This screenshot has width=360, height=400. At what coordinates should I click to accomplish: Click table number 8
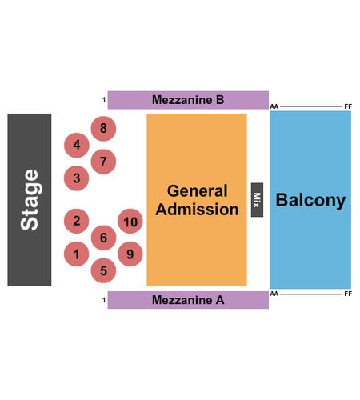click(103, 129)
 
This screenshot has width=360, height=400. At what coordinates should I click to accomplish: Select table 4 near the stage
click(77, 145)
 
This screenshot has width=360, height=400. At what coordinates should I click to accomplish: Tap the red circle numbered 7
click(103, 162)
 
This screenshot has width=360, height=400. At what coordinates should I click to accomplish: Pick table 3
click(77, 178)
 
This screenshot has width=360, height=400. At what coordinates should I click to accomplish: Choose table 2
click(77, 221)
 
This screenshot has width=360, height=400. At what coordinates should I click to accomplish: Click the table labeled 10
click(130, 221)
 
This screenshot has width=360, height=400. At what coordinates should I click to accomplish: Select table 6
click(103, 238)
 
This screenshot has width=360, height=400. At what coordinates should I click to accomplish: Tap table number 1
click(77, 254)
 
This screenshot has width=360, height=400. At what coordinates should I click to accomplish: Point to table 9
click(130, 254)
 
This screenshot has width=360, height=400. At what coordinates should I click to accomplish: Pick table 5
click(103, 270)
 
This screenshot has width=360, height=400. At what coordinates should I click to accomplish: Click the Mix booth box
click(257, 200)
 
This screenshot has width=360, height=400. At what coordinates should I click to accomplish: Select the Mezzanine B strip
click(188, 100)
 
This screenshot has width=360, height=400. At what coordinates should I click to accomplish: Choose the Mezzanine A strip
click(188, 300)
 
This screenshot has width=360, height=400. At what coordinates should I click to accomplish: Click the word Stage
click(30, 200)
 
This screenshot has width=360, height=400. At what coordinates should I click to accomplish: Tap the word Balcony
click(310, 200)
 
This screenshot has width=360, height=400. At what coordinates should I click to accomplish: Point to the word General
click(198, 191)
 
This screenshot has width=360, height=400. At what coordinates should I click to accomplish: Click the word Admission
click(197, 209)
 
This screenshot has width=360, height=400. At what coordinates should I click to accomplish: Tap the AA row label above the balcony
click(274, 106)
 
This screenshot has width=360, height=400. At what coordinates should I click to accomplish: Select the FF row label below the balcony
click(348, 294)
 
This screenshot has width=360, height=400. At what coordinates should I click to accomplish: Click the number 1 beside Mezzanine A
click(104, 300)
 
